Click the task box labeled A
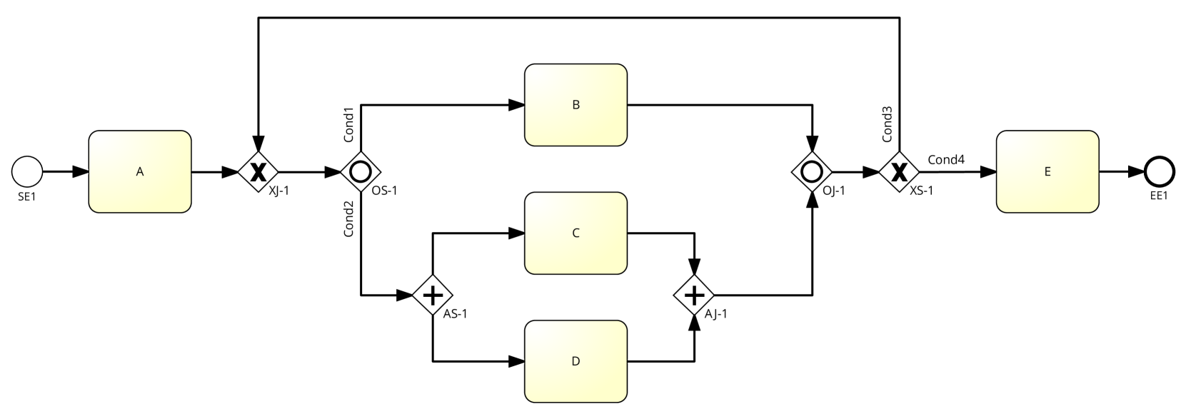(140, 171)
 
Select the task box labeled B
(576, 105)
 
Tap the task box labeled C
(576, 233)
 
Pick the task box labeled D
(576, 361)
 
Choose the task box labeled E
(1047, 171)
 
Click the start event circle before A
(28, 172)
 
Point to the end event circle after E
(1159, 172)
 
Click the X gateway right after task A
(258, 172)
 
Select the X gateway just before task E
(898, 172)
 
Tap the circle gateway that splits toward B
(360, 172)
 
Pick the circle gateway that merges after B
(813, 172)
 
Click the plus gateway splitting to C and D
(433, 294)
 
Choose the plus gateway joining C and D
(694, 294)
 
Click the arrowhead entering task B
(517, 105)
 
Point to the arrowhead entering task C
(517, 233)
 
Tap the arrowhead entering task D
(517, 362)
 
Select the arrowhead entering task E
(988, 172)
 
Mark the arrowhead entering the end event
(1137, 172)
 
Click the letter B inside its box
(576, 105)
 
